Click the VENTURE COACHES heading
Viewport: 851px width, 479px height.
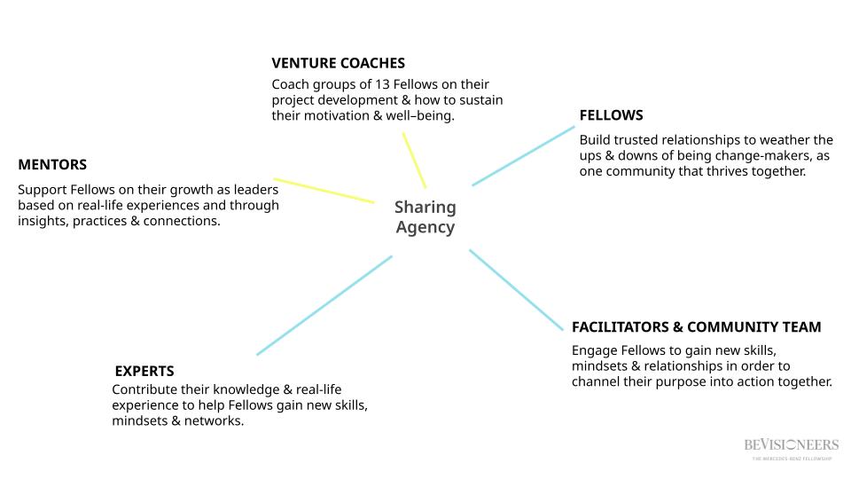(338, 63)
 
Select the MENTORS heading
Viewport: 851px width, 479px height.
(52, 165)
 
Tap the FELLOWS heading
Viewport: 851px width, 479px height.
(611, 115)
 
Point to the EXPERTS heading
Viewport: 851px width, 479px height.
(144, 371)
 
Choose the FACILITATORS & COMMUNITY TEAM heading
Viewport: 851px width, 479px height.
(696, 327)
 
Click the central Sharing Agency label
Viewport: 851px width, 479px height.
(425, 217)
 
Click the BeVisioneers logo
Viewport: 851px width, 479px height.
(792, 446)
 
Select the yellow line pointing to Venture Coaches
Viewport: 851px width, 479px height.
(414, 160)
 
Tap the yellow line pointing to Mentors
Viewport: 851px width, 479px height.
(324, 191)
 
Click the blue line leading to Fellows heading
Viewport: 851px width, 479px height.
(523, 156)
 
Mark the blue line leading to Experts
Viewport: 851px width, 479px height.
(324, 306)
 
